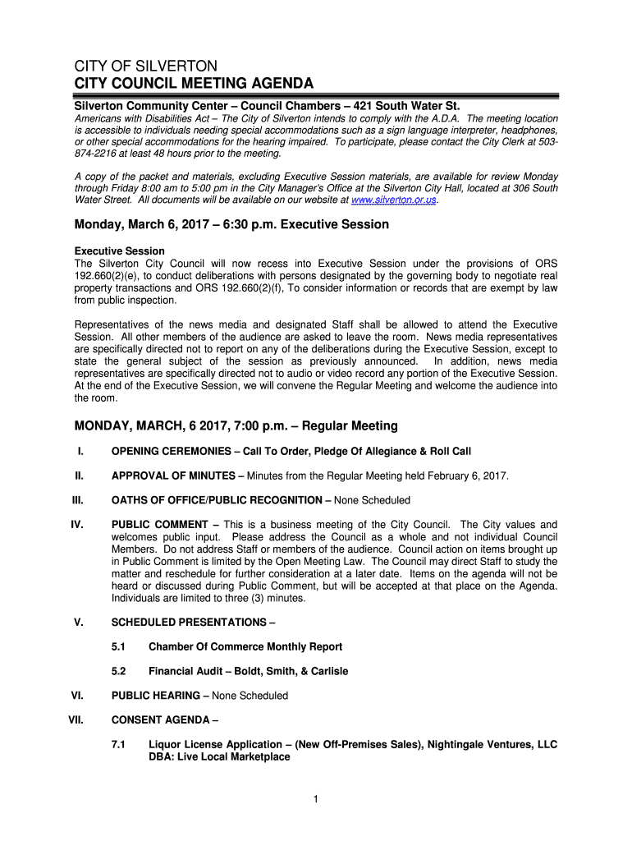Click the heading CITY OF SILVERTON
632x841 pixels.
[146, 66]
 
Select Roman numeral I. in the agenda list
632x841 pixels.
[80, 452]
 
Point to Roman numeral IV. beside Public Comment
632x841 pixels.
[79, 525]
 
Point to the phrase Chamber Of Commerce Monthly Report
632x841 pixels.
[245, 647]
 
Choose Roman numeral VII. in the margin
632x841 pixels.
[77, 720]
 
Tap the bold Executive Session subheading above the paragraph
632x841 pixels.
[120, 250]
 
